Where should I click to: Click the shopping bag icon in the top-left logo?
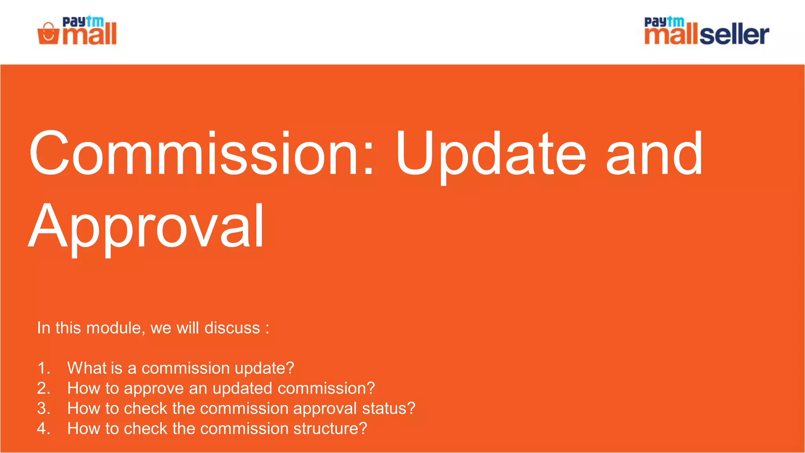pyautogui.click(x=48, y=34)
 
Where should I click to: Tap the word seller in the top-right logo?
pyautogui.click(x=734, y=35)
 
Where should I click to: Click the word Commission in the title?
pyautogui.click(x=200, y=153)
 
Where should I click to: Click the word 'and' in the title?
pyautogui.click(x=654, y=153)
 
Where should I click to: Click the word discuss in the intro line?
pyautogui.click(x=232, y=328)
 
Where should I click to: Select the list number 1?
pyautogui.click(x=44, y=368)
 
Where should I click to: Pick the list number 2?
pyautogui.click(x=44, y=389)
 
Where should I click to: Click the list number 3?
pyautogui.click(x=44, y=409)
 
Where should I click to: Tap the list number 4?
pyautogui.click(x=44, y=429)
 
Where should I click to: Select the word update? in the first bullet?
pyautogui.click(x=264, y=368)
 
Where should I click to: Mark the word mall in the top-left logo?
pyautogui.click(x=90, y=35)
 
